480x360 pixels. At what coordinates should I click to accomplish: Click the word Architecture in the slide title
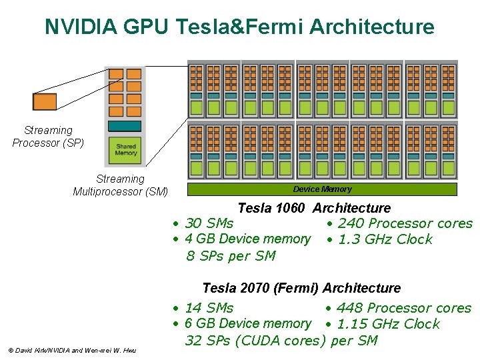372,27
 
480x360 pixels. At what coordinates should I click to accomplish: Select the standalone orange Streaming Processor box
45,101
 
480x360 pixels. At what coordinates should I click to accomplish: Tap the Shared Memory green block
125,149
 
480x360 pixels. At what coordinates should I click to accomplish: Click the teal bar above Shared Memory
125,126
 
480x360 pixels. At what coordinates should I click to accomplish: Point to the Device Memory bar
322,189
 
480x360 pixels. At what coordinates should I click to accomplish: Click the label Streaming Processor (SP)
48,137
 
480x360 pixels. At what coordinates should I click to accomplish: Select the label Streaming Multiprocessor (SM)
120,185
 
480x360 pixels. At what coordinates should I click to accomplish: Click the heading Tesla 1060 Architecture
314,208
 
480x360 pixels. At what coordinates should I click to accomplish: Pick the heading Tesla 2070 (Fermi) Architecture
301,288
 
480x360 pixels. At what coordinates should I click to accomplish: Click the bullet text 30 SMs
209,223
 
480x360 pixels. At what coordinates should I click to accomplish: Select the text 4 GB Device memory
247,239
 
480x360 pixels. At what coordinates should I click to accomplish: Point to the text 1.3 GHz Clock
385,239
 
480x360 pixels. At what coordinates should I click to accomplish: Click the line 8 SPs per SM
230,256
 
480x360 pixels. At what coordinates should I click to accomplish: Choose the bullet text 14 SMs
209,308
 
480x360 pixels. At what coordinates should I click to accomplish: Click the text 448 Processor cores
403,308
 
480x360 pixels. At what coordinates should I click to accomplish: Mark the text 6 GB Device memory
247,323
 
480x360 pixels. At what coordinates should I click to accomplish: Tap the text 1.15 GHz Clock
388,324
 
